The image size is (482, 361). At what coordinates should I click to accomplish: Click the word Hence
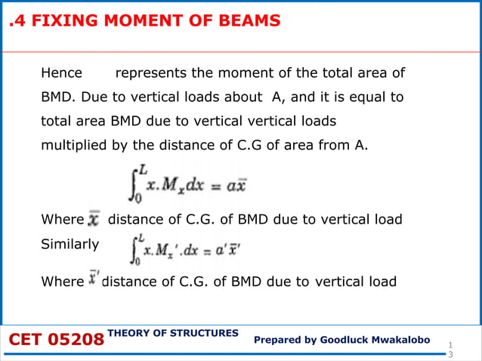[61, 74]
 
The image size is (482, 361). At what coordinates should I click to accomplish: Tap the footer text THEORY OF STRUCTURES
[174, 332]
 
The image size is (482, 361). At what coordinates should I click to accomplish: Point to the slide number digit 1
[451, 342]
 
